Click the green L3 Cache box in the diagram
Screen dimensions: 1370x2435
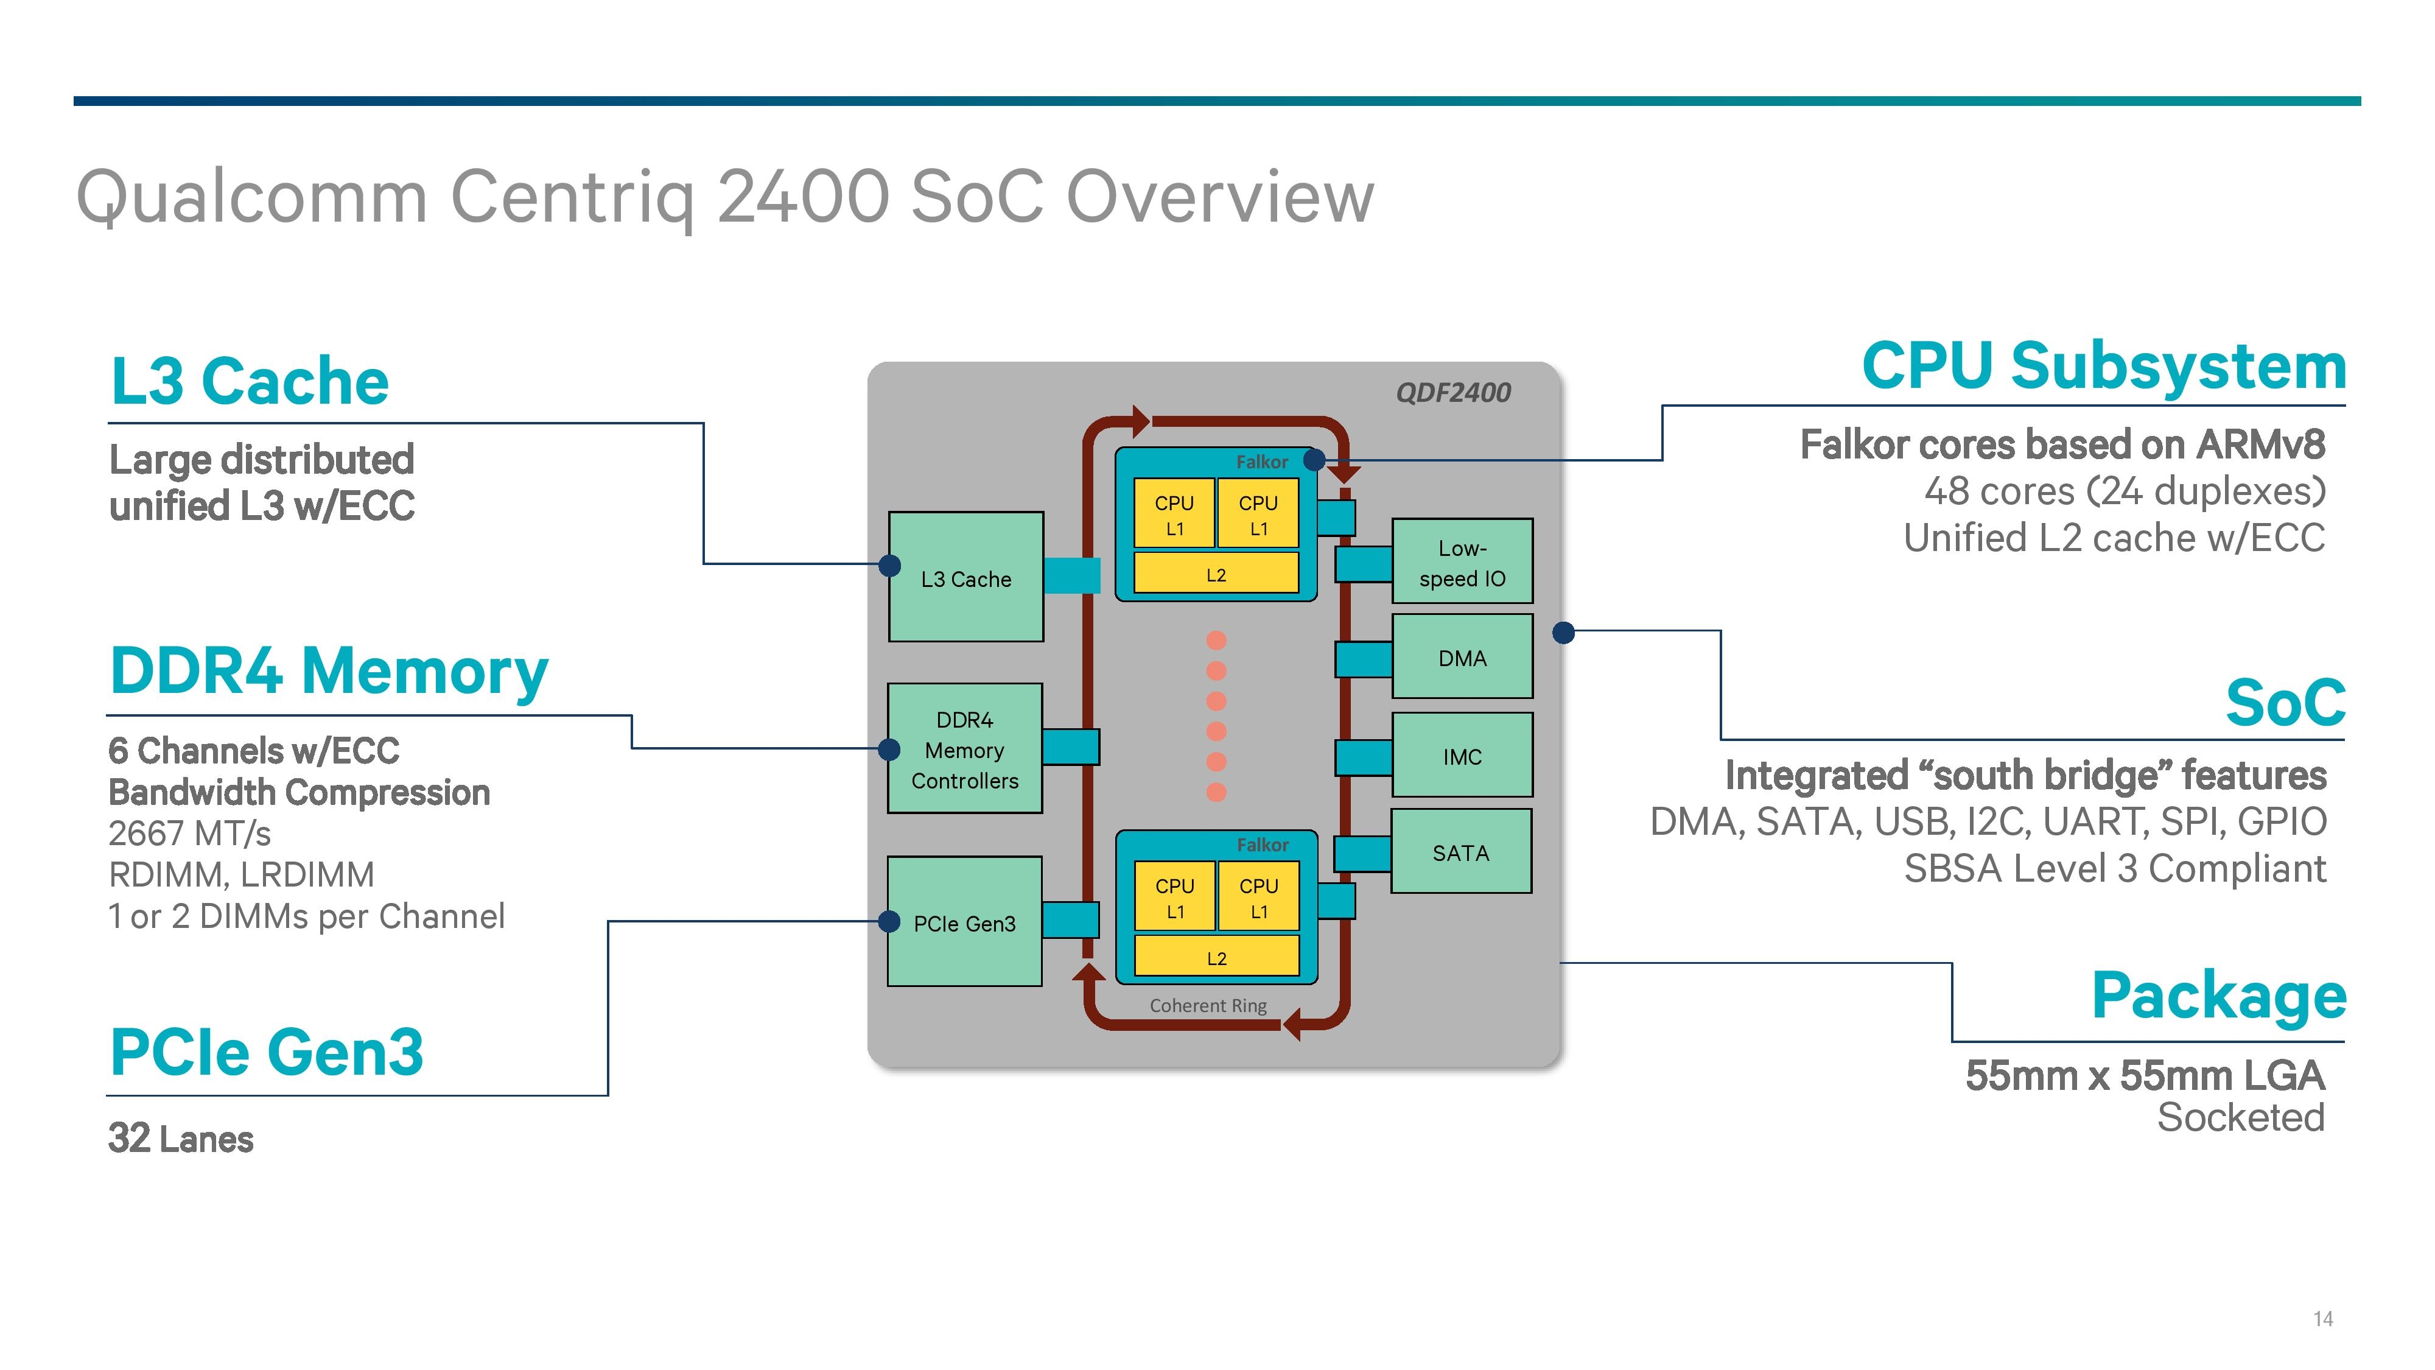pyautogui.click(x=965, y=578)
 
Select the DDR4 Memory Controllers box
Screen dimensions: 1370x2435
pyautogui.click(x=964, y=749)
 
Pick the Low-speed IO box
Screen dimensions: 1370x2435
pyautogui.click(x=1462, y=561)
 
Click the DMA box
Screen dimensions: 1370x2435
pyautogui.click(x=1462, y=657)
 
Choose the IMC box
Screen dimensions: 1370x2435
pyautogui.click(x=1462, y=756)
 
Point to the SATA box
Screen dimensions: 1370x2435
pyautogui.click(x=1460, y=852)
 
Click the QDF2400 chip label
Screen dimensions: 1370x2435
pyautogui.click(x=1453, y=392)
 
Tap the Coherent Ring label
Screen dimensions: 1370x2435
pyautogui.click(x=1207, y=1005)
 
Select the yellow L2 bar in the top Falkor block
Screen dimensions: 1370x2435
pyautogui.click(x=1216, y=574)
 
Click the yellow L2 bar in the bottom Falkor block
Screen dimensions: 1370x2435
pyautogui.click(x=1216, y=957)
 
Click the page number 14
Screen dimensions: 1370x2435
pyautogui.click(x=2322, y=1319)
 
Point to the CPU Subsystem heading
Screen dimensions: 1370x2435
pyautogui.click(x=2103, y=366)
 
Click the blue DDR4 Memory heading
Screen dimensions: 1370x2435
pyautogui.click(x=329, y=670)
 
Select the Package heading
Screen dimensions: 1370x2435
pyautogui.click(x=2218, y=995)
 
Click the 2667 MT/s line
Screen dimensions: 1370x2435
pyautogui.click(x=189, y=833)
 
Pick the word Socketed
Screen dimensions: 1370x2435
pyautogui.click(x=2240, y=1117)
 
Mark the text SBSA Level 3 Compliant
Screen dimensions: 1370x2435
pyautogui.click(x=2115, y=868)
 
